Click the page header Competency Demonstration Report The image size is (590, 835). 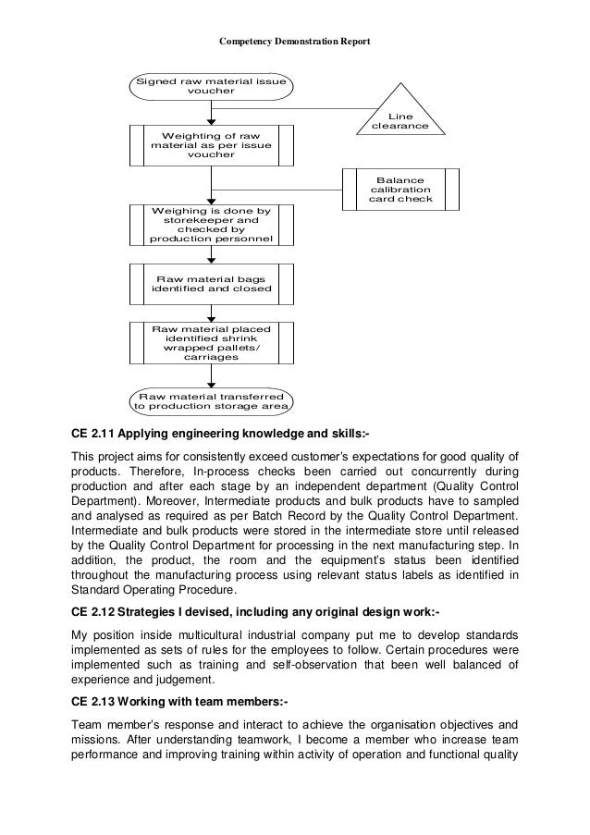[294, 41]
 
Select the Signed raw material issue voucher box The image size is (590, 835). [212, 87]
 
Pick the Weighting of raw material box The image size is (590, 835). [212, 145]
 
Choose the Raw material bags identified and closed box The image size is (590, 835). [212, 283]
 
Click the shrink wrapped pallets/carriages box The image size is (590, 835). [212, 342]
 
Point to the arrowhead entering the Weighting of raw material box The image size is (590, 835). [212, 119]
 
